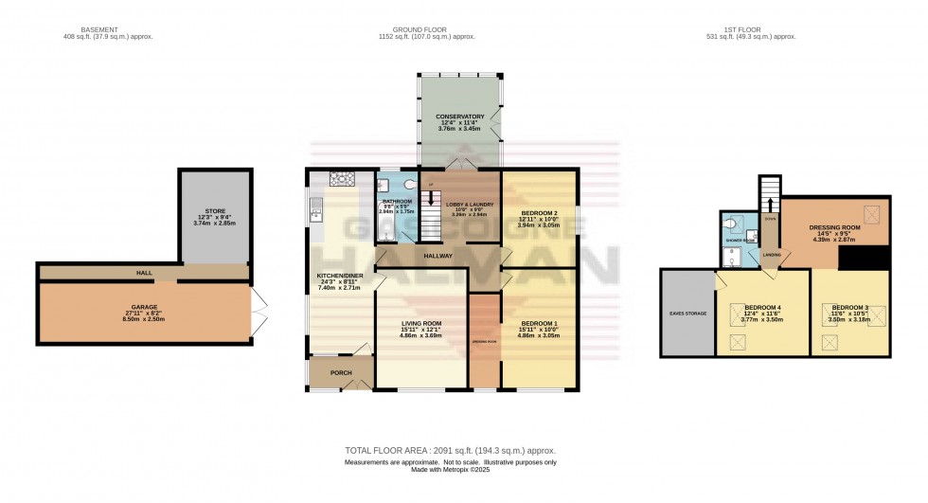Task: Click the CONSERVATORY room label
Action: pyautogui.click(x=460, y=117)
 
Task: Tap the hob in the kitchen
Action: pyautogui.click(x=339, y=177)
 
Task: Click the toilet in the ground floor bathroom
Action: pyautogui.click(x=407, y=186)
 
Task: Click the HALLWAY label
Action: pyautogui.click(x=437, y=256)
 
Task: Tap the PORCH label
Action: pyautogui.click(x=340, y=372)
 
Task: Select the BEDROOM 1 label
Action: pyautogui.click(x=537, y=323)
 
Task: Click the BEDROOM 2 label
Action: pyautogui.click(x=537, y=213)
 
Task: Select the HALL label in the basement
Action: pyautogui.click(x=144, y=272)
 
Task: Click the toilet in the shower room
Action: pyautogui.click(x=739, y=224)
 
